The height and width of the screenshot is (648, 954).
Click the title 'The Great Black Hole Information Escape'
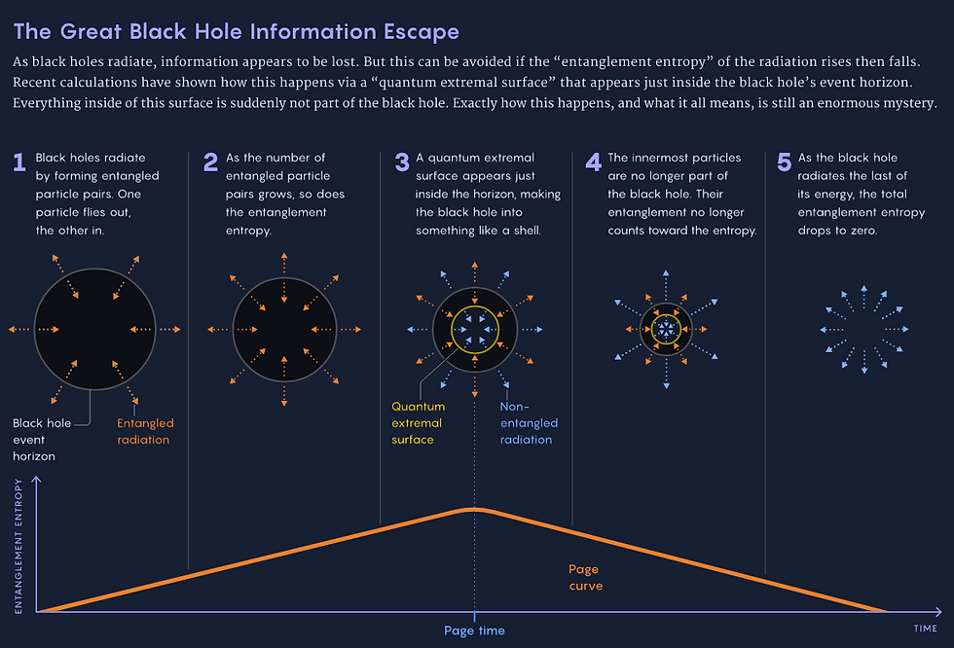click(236, 31)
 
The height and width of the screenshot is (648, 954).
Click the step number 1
click(18, 162)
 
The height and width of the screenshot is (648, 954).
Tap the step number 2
click(210, 162)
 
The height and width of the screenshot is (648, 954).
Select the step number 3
click(401, 162)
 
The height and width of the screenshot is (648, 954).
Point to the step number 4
click(594, 162)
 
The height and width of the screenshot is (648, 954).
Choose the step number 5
click(785, 162)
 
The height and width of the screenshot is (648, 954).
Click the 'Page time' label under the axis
click(474, 630)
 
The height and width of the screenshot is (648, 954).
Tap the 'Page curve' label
click(585, 577)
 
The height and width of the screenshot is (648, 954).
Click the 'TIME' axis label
click(925, 629)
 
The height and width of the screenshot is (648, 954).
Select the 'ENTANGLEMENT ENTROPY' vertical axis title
click(18, 545)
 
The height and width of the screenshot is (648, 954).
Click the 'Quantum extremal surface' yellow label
click(417, 423)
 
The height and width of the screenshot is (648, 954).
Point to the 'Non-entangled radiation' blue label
click(529, 423)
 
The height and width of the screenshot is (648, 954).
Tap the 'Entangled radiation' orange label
click(145, 431)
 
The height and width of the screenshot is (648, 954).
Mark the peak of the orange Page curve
click(474, 509)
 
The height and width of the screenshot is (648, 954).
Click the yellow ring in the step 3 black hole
click(452, 330)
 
